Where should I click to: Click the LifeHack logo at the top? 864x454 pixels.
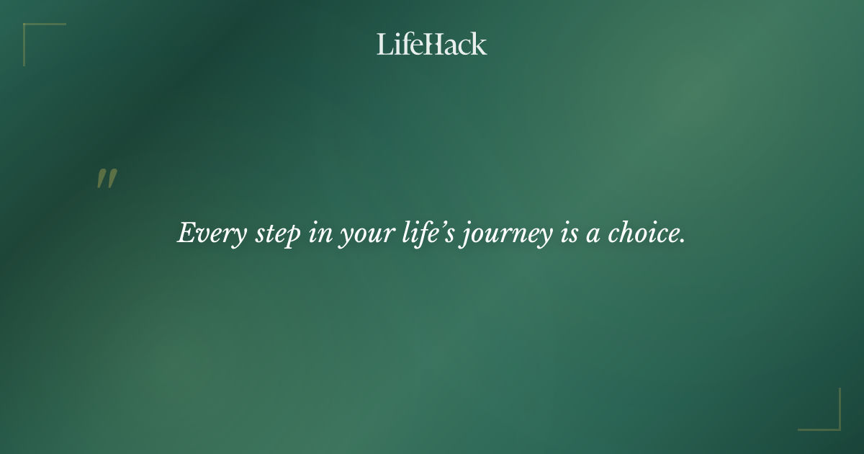pyautogui.click(x=431, y=45)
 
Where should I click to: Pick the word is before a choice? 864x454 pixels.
pyautogui.click(x=567, y=234)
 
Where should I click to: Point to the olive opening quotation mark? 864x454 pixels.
pyautogui.click(x=107, y=179)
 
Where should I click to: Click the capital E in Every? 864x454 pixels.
pyautogui.click(x=186, y=233)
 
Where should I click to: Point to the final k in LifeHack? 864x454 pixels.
pyautogui.click(x=479, y=45)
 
